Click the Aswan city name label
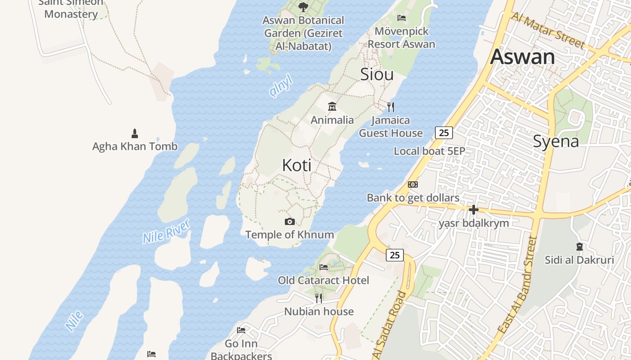pyautogui.click(x=522, y=57)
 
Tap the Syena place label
pyautogui.click(x=556, y=141)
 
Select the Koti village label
pyautogui.click(x=297, y=165)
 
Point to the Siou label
pyautogui.click(x=377, y=74)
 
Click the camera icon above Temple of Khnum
pyautogui.click(x=290, y=221)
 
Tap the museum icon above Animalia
pyautogui.click(x=332, y=107)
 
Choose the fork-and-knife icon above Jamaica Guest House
pyautogui.click(x=391, y=107)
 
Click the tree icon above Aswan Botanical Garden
pyautogui.click(x=303, y=7)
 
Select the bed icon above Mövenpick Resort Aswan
pyautogui.click(x=402, y=18)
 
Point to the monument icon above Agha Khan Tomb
pyautogui.click(x=134, y=133)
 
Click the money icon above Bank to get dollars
pyautogui.click(x=412, y=184)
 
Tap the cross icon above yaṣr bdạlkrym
pyautogui.click(x=473, y=210)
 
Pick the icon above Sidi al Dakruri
pyautogui.click(x=579, y=247)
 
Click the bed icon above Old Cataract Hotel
pyautogui.click(x=324, y=267)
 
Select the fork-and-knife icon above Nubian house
pyautogui.click(x=319, y=298)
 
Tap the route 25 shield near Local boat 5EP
pyautogui.click(x=444, y=133)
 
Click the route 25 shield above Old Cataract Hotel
pyautogui.click(x=394, y=255)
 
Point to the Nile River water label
pyautogui.click(x=166, y=231)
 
